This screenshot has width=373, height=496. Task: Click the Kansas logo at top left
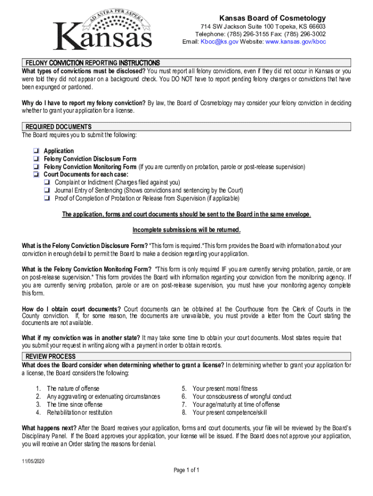(x=102, y=30)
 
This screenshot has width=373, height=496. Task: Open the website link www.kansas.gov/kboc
(x=295, y=42)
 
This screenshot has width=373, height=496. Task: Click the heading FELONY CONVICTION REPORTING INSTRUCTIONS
(x=93, y=63)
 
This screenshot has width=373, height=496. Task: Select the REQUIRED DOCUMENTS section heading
(x=59, y=127)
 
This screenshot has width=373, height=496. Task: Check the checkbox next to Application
(x=36, y=151)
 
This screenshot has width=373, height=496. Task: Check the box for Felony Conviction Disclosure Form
(x=36, y=159)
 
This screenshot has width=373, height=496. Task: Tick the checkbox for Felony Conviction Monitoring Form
(x=36, y=167)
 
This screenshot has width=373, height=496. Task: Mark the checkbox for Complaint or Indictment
(x=47, y=183)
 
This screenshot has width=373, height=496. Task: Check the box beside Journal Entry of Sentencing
(x=47, y=190)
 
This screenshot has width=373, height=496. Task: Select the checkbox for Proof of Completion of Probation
(x=47, y=198)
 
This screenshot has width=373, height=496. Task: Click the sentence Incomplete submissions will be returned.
(x=186, y=230)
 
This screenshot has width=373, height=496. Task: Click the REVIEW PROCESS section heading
(x=50, y=356)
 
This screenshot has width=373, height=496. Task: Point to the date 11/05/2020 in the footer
(x=32, y=461)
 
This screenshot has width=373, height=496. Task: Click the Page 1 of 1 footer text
(x=186, y=470)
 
